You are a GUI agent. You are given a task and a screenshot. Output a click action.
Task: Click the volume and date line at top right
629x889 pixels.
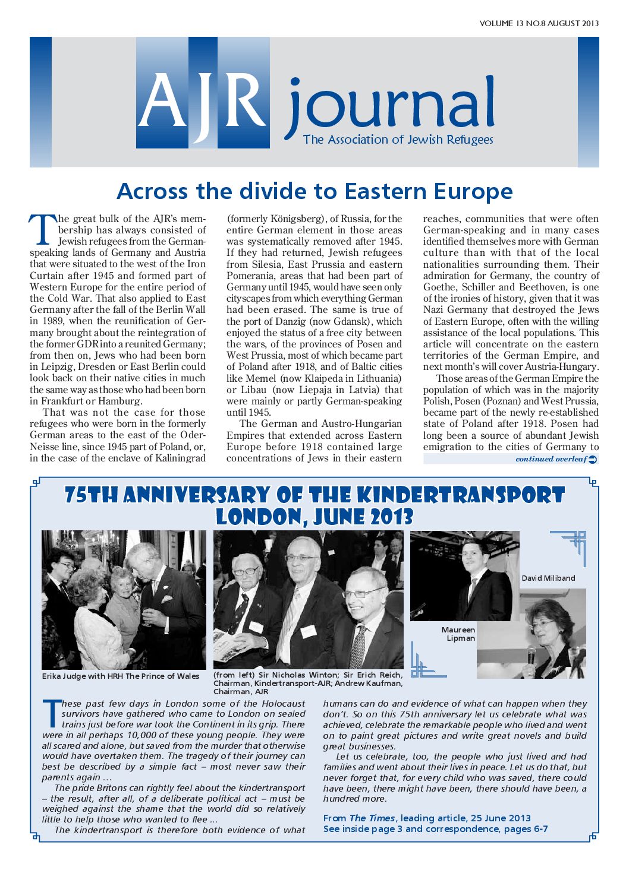(x=539, y=24)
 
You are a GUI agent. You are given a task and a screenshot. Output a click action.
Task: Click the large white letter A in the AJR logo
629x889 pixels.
(x=162, y=101)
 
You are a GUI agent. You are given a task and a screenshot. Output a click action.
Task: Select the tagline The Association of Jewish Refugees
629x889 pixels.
(x=398, y=140)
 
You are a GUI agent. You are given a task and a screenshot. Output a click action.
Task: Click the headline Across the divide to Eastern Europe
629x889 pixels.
(x=314, y=191)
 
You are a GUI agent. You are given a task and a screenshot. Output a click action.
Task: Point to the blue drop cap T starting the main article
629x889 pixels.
(x=42, y=229)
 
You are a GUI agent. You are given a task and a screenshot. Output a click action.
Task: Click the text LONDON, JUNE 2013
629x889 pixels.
(x=314, y=517)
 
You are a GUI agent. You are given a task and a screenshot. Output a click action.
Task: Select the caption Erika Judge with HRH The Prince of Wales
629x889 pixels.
(x=121, y=676)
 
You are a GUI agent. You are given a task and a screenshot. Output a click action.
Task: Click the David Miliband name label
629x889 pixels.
(x=548, y=578)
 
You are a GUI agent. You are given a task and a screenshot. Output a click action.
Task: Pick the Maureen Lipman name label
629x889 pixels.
(x=458, y=634)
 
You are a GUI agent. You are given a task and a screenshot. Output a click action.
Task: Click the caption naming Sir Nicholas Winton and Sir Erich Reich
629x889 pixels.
(x=307, y=683)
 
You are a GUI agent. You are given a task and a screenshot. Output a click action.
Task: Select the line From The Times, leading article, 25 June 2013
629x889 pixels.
(x=427, y=818)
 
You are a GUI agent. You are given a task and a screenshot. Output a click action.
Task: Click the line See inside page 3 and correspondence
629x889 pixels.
(x=435, y=828)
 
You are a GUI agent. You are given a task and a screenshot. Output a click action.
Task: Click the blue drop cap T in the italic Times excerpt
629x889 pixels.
(x=52, y=713)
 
